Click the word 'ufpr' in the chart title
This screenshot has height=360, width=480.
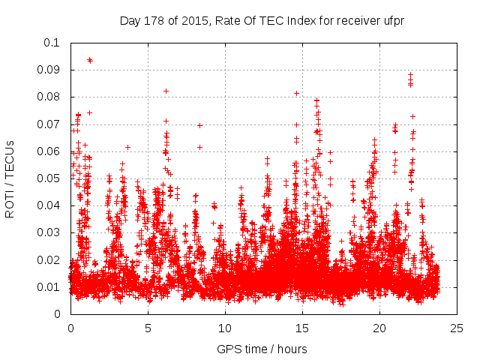pyautogui.click(x=394, y=20)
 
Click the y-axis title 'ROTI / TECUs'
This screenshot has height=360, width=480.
pyautogui.click(x=10, y=178)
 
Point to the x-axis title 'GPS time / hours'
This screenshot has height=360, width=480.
pyautogui.click(x=262, y=349)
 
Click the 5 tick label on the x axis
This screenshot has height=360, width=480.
pyautogui.click(x=148, y=328)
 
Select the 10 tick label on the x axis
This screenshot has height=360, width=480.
pyautogui.click(x=225, y=328)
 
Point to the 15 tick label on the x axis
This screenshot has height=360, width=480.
pyautogui.click(x=302, y=328)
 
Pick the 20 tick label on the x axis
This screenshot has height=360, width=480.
pyautogui.click(x=379, y=328)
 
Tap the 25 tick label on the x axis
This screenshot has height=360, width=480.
pyautogui.click(x=457, y=328)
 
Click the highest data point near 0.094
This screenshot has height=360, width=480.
pyautogui.click(x=89, y=59)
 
